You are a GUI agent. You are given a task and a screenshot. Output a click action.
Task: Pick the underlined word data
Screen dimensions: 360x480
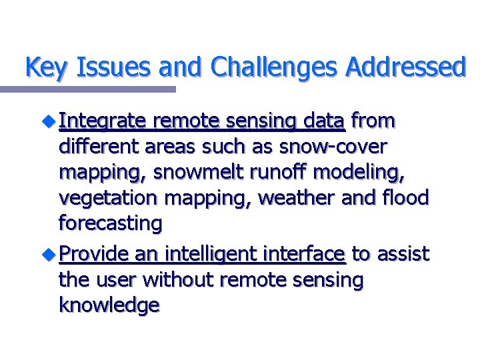point(323,121)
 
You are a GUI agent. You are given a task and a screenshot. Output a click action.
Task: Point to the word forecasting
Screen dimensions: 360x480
point(110,223)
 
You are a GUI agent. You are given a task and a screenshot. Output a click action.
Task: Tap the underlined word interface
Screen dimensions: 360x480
point(305,254)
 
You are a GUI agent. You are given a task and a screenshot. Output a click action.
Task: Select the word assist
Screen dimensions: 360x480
point(403,254)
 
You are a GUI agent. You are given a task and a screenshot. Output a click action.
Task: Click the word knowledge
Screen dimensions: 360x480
point(109,305)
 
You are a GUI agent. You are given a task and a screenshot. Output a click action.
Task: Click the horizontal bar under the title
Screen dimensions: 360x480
point(87,89)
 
